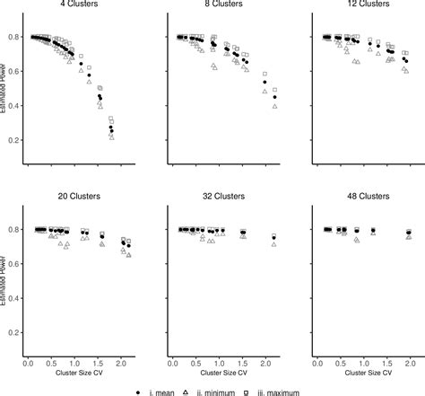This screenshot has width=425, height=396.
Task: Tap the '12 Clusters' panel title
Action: pyautogui.click(x=366, y=4)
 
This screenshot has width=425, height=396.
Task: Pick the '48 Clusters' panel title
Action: pyautogui.click(x=366, y=194)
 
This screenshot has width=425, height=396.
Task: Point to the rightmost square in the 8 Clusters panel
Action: pyautogui.click(x=275, y=90)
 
